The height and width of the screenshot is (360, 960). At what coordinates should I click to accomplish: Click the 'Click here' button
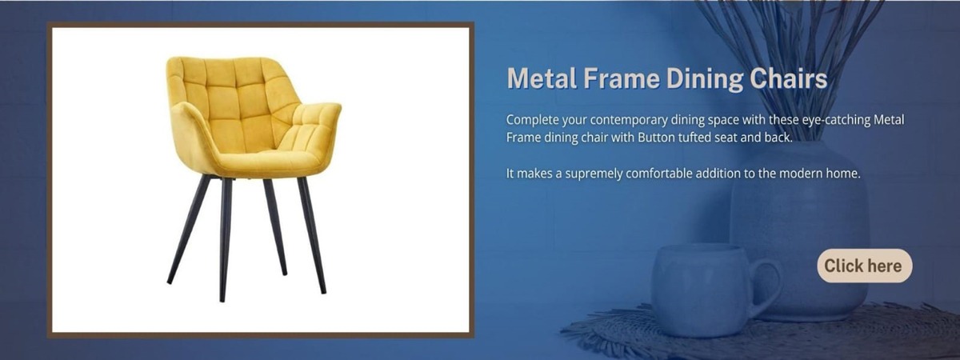coord(865,266)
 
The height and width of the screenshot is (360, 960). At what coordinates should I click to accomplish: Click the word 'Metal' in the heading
coord(542,79)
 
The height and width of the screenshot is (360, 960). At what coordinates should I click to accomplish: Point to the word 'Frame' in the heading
coord(621,79)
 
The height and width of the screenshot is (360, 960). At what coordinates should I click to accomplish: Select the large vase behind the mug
coord(799,231)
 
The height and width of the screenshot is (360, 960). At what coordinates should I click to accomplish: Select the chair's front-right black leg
coord(312,236)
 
